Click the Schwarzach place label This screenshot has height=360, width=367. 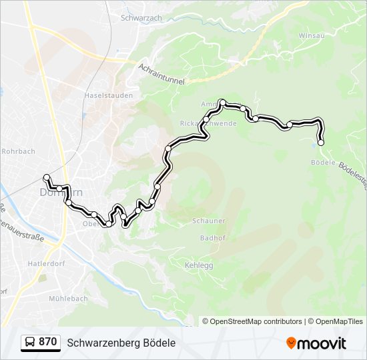(x=141, y=18)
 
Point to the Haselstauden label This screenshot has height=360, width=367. (x=108, y=95)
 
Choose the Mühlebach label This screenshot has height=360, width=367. (x=67, y=299)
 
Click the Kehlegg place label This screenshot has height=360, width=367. (x=198, y=265)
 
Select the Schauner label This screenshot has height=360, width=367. (x=208, y=221)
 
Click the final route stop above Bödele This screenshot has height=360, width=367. (x=321, y=143)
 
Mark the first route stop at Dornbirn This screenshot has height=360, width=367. (x=47, y=177)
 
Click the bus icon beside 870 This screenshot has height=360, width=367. (x=30, y=343)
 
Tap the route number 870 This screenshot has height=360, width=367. (x=47, y=342)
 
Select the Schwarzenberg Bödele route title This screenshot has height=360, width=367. (x=121, y=343)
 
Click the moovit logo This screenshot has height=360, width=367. (x=316, y=343)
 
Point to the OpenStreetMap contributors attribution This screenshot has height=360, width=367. (x=252, y=321)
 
